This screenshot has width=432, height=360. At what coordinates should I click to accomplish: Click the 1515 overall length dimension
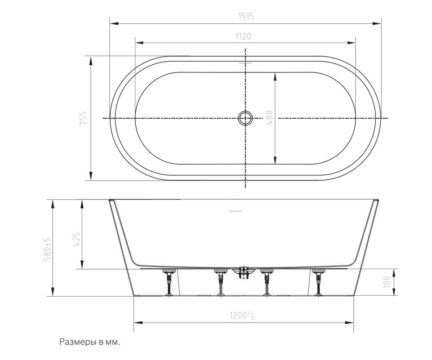pos(246,17)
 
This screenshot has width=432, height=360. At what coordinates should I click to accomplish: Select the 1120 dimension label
pos(243,36)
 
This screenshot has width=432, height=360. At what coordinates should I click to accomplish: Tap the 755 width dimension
pos(83,118)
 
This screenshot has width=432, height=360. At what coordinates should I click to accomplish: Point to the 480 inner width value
pos(269,118)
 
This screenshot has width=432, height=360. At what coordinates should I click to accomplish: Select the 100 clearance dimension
pos(387,282)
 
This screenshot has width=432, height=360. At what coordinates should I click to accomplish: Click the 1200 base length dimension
pos(243,315)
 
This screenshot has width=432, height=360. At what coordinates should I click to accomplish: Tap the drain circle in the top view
pos(245,118)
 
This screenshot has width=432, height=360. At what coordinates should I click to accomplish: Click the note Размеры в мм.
pos(90,342)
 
